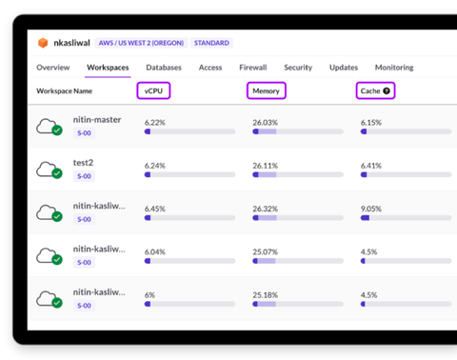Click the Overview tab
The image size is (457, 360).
tap(53, 68)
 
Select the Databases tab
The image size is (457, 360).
tap(164, 68)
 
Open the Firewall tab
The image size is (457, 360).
tap(252, 68)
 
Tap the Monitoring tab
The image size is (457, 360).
tap(393, 68)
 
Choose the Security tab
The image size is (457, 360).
tap(298, 68)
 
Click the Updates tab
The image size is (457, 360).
tap(343, 68)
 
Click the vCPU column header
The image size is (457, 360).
tap(154, 90)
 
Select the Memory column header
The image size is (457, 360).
tap(266, 90)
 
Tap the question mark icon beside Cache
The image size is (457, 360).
tap(387, 90)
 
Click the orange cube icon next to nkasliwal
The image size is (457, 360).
tap(42, 43)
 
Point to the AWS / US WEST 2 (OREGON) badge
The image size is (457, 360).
tap(141, 43)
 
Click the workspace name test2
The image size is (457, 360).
tap(84, 162)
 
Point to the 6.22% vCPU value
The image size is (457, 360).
tap(155, 123)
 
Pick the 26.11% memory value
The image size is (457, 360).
tap(265, 166)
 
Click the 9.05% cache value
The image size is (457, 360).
tap(371, 209)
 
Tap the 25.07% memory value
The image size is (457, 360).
tap(265, 251)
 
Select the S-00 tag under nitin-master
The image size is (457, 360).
tap(84, 133)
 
